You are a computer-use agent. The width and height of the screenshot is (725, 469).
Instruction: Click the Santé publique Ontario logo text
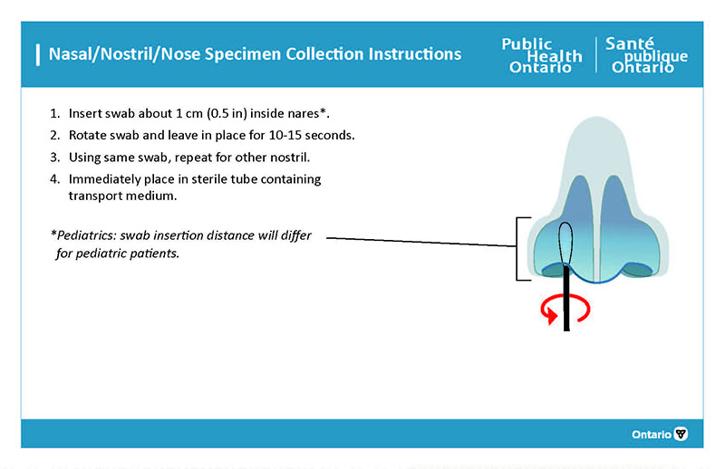(645, 56)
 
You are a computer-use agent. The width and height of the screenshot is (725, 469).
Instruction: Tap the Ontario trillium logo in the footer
(681, 435)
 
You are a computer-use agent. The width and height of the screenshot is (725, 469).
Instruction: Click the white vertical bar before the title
(36, 54)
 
